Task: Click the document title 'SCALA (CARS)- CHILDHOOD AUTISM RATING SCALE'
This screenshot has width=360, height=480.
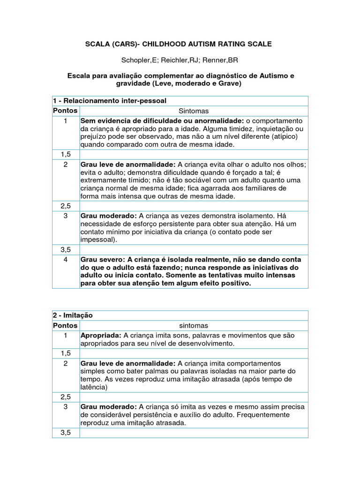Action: coord(178,44)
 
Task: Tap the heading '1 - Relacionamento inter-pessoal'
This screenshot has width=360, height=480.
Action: coord(110,101)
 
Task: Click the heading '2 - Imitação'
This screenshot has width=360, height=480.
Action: coord(73,315)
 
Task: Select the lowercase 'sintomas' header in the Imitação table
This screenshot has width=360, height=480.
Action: coord(194,325)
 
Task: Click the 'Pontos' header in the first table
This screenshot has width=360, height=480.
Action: coord(66,111)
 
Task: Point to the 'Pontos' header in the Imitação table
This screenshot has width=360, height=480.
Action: coord(66,325)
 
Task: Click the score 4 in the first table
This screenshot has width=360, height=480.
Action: coord(66,260)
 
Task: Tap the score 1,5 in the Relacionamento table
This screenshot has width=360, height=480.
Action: coord(66,154)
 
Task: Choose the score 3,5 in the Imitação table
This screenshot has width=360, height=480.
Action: coord(66,433)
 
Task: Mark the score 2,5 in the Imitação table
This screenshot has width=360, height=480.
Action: coord(66,397)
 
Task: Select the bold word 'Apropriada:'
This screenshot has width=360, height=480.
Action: coord(101,336)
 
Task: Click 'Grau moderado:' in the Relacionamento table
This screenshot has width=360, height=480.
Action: coord(109,216)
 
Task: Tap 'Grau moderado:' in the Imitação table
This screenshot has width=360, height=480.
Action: coord(109,407)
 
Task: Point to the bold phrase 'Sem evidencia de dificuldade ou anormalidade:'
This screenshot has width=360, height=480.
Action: coord(162,121)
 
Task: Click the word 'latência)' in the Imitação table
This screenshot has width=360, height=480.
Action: coord(94,387)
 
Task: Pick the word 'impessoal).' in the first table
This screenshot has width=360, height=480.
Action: coord(99,239)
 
